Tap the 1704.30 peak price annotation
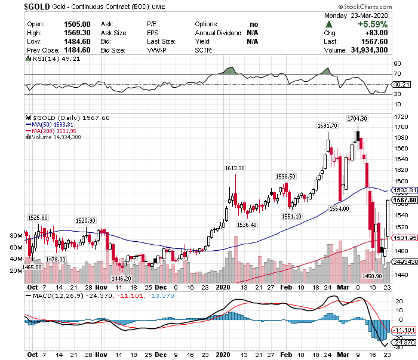tap(358, 118)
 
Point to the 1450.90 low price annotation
tap(372, 276)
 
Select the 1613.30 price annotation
tap(235, 168)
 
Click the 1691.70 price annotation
tap(328, 125)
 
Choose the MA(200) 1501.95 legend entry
tap(54, 131)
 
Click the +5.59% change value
tap(373, 24)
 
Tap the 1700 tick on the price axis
tap(401, 127)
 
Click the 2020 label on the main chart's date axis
tap(222, 287)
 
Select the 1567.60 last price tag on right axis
tap(405, 200)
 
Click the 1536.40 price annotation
tap(247, 224)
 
